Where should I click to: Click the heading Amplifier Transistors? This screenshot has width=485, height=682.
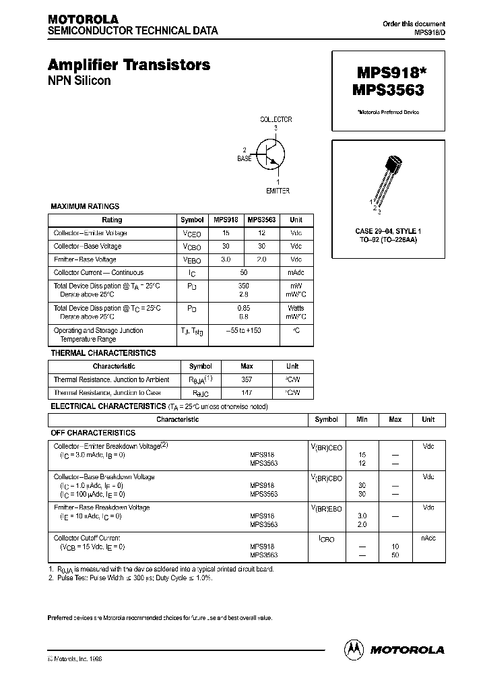(x=129, y=65)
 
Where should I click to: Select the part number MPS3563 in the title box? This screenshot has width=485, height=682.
(x=387, y=88)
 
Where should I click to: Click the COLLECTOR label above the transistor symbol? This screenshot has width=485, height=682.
(x=276, y=119)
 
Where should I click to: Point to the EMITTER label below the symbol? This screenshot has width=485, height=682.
(x=277, y=191)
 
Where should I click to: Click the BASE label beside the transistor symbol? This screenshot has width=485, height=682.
(x=244, y=158)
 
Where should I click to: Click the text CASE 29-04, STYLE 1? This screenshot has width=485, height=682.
(x=387, y=231)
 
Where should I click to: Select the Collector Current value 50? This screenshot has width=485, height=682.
(x=244, y=273)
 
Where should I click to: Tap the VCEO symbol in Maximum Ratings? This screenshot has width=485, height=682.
(x=192, y=233)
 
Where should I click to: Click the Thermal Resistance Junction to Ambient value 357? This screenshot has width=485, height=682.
(x=247, y=379)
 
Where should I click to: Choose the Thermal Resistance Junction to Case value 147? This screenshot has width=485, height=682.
(x=247, y=392)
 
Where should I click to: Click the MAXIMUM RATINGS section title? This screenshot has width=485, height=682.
(x=85, y=206)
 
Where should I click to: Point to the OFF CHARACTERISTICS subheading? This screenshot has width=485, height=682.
(x=93, y=433)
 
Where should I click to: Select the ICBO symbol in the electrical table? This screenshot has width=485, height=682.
(x=326, y=539)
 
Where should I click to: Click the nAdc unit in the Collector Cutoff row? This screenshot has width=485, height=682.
(x=428, y=538)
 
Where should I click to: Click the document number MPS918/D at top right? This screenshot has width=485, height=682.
(x=429, y=32)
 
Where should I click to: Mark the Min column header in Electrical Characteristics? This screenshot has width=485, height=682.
(x=362, y=419)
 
